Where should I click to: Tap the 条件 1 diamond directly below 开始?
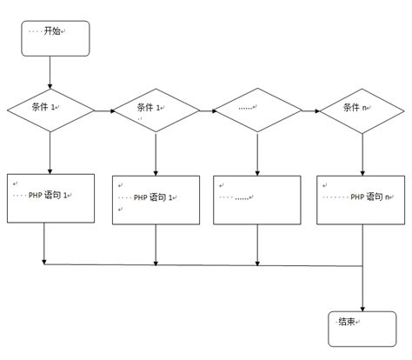[x=50, y=110]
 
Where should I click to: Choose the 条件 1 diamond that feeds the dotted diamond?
[x=156, y=110]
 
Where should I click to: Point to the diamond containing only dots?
[x=257, y=110]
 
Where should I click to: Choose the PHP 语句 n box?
[x=360, y=199]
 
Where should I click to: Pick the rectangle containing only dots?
[x=256, y=199]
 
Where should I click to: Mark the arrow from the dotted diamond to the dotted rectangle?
[x=257, y=154]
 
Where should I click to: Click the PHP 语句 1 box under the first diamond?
[x=50, y=197]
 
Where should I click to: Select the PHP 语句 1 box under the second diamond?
[x=156, y=199]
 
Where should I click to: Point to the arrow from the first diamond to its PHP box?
[x=50, y=152]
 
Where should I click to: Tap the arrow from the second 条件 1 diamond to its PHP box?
[x=156, y=154]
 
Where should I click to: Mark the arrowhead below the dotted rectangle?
[x=256, y=259]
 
